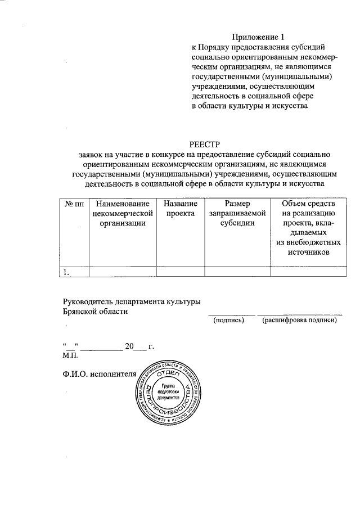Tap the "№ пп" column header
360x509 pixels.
[x=73, y=203]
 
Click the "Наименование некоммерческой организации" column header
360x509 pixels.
[x=122, y=213]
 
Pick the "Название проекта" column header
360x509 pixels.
[x=180, y=208]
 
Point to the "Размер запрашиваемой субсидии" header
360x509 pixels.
[x=237, y=213]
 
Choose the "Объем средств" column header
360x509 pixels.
[x=309, y=203]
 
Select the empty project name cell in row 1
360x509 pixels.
[x=180, y=272]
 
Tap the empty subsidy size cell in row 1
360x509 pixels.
[x=237, y=272]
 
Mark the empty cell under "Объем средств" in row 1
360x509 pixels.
[x=309, y=272]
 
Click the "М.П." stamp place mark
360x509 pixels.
[x=71, y=355]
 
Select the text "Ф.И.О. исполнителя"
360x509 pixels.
[x=100, y=373]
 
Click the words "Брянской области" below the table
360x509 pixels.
[x=95, y=311]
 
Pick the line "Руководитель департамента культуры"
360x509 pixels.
[x=132, y=301]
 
